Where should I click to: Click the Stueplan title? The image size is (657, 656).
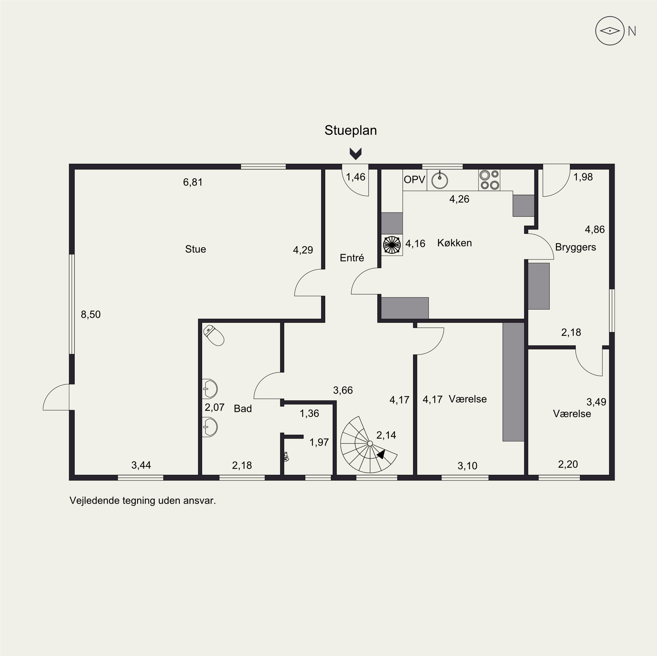point(351,130)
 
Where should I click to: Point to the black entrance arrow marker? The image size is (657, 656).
point(356,154)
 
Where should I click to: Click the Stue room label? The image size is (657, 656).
point(196,249)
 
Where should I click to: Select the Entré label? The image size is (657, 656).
point(352,258)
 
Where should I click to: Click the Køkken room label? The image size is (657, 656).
point(454,243)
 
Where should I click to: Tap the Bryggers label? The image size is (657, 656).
point(575,247)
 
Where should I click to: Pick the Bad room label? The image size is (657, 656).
point(243,408)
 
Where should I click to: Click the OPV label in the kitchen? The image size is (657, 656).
point(415,179)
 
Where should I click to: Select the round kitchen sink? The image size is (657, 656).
point(440,180)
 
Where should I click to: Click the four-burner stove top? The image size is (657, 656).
point(489,180)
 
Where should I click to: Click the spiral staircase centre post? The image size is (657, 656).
point(370,443)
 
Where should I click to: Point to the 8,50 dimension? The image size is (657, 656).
point(91,315)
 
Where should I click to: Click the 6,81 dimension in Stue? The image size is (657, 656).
point(193,182)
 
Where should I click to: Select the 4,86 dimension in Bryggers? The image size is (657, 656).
point(595,229)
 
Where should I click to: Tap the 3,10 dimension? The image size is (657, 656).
point(467,466)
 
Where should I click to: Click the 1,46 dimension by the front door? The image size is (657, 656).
point(356,177)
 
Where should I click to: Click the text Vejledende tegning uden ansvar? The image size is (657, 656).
point(143,501)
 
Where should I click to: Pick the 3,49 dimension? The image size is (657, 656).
point(597,402)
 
